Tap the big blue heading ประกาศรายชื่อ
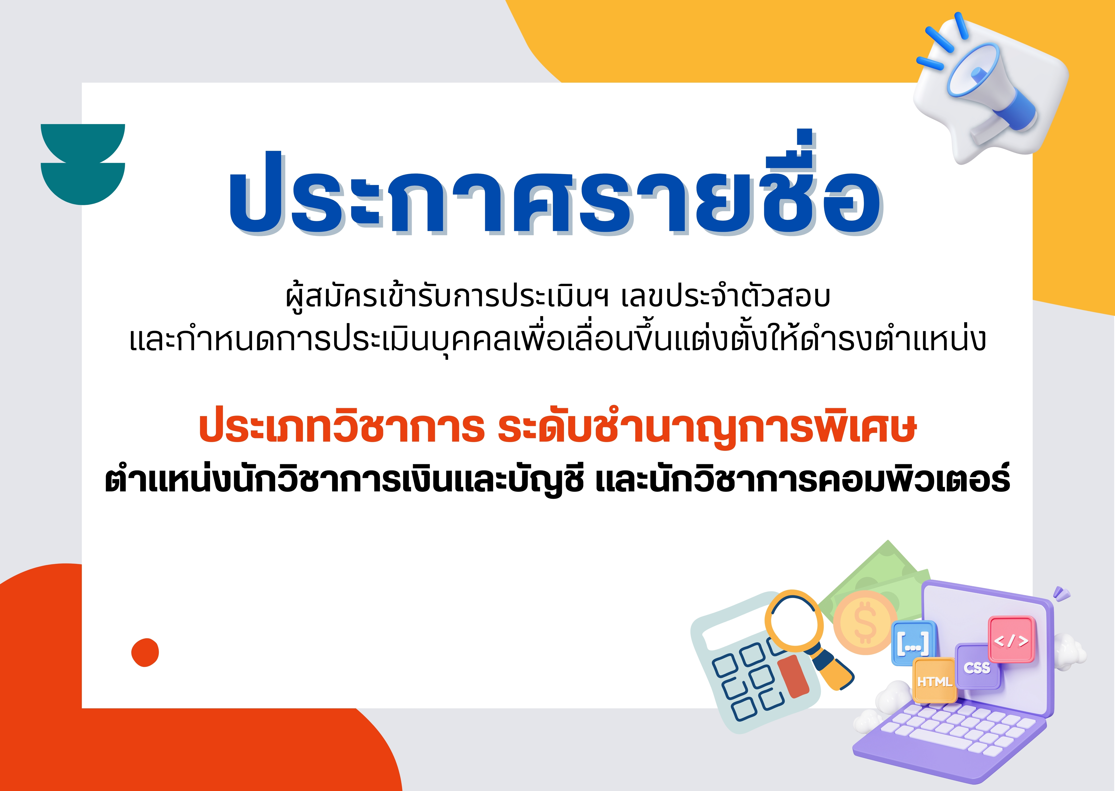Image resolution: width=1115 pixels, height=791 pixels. click(x=555, y=188)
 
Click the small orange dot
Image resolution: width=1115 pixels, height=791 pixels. click(x=145, y=652)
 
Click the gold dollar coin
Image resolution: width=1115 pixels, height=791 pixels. click(x=865, y=622)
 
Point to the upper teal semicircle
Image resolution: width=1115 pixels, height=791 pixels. click(x=83, y=141)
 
